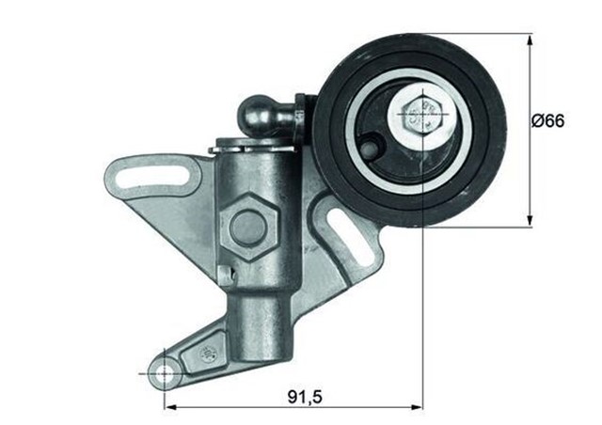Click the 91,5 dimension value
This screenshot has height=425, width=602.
point(303,398)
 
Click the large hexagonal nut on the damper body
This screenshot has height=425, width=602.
point(248,226)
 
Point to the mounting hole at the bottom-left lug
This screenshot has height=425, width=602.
point(166,373)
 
